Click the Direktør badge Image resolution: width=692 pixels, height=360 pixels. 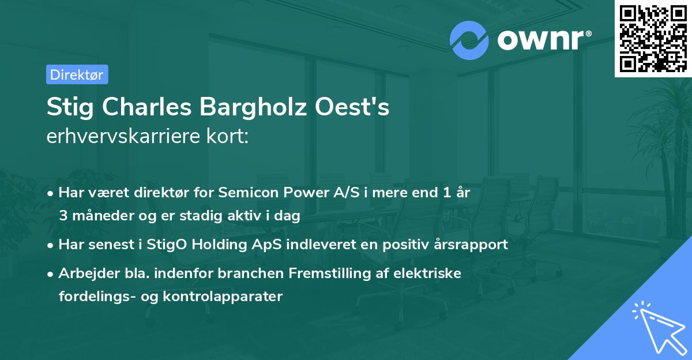tap(77, 74)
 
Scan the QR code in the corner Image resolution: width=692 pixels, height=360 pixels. tap(653, 38)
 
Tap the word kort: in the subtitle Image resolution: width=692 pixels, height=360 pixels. tap(229, 137)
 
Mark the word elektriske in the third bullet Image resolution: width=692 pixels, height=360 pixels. tap(433, 273)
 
